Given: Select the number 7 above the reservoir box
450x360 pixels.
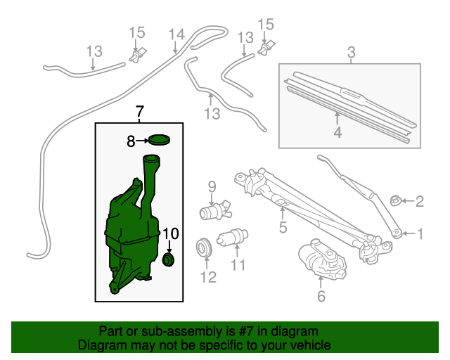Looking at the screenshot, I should click(x=139, y=112).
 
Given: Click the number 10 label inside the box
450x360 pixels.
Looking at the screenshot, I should click(x=171, y=233).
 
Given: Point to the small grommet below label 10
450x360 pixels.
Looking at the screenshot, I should click(x=169, y=260).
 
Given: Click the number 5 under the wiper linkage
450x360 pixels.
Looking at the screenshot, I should click(x=283, y=227).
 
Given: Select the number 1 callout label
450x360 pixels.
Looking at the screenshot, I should click(x=420, y=233).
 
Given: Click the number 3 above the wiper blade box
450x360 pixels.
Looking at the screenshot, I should click(x=351, y=51).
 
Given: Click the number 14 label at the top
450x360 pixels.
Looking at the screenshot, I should click(x=176, y=34).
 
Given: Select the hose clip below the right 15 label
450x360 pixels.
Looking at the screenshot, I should click(x=265, y=48).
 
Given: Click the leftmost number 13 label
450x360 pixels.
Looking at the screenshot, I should click(x=94, y=51).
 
